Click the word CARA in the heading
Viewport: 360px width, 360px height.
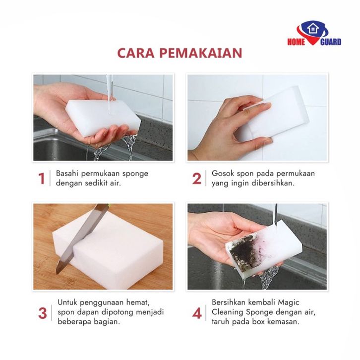tap(136, 53)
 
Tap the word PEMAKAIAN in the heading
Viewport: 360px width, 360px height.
tap(201, 53)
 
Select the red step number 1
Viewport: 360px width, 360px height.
tap(42, 179)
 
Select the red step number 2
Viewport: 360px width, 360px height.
tap(197, 179)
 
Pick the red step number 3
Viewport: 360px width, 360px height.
tap(43, 313)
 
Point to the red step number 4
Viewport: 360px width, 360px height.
tap(197, 313)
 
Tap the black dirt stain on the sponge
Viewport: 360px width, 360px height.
tap(242, 251)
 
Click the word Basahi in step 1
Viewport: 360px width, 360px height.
tap(67, 174)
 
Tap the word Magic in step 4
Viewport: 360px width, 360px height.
tap(289, 302)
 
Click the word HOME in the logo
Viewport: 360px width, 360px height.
tap(296, 42)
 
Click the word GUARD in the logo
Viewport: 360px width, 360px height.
tap(331, 42)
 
